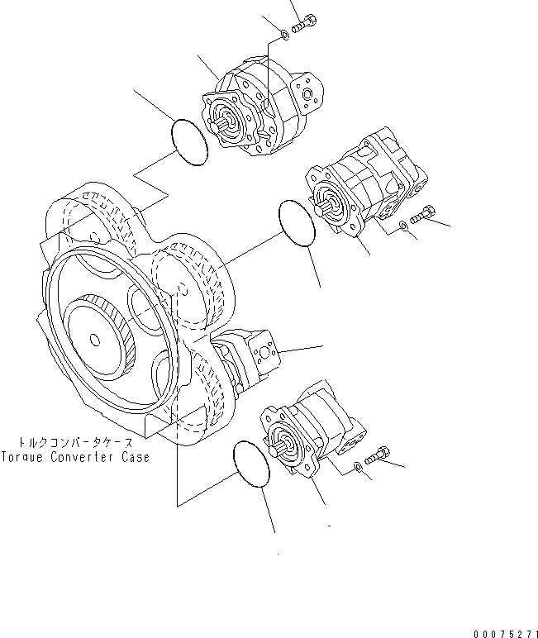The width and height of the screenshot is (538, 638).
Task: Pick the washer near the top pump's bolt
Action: tap(284, 33)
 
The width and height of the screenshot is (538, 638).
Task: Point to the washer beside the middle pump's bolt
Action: tap(402, 225)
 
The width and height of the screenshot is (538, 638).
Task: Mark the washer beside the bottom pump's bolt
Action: tap(356, 469)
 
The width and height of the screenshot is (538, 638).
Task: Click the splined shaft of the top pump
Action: tap(225, 126)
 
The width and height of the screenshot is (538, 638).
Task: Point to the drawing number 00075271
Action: tap(502, 632)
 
